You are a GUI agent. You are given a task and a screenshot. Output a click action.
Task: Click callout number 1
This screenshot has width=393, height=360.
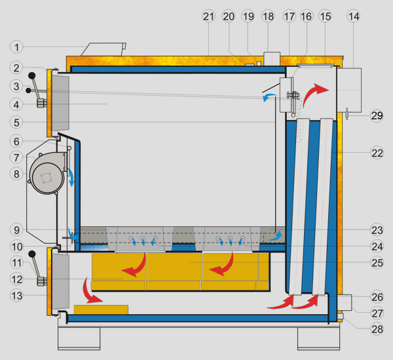(17, 47)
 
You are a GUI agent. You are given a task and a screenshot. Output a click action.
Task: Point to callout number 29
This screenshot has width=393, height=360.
(376, 115)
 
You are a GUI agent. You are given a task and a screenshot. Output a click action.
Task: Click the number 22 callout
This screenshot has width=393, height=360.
(376, 152)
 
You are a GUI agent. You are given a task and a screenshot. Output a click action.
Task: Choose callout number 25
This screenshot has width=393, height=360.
(376, 262)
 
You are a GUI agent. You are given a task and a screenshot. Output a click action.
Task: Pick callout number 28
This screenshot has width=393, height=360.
(376, 329)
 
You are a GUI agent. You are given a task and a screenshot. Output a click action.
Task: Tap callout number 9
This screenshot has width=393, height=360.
(17, 230)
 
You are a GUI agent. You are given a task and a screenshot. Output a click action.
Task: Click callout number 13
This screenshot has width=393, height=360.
(17, 295)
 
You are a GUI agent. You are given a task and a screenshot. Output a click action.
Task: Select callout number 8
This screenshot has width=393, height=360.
(17, 174)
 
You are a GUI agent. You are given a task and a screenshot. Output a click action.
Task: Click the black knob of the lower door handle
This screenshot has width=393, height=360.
(31, 254)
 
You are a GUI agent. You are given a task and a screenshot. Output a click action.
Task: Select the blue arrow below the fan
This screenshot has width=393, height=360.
(71, 177)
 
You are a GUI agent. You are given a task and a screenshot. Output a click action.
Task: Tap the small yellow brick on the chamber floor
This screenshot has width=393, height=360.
(101, 309)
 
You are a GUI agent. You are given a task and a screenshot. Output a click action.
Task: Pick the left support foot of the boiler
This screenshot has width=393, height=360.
(79, 338)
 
